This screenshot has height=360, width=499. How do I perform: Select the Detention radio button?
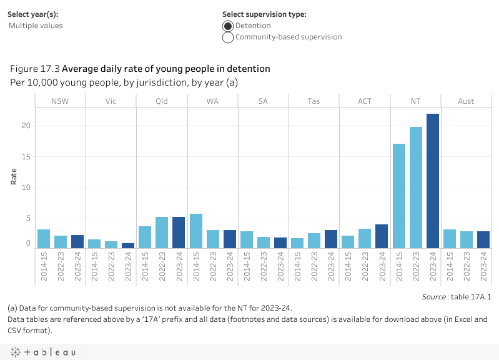click(229, 26)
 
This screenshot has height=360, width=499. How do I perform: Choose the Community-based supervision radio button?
click(229, 37)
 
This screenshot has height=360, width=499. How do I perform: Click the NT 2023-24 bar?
click(432, 181)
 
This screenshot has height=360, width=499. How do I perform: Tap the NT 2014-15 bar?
click(398, 196)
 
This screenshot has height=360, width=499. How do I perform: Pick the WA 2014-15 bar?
click(195, 231)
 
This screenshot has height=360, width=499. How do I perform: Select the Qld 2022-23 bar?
click(162, 232)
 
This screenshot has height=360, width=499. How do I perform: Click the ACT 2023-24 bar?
click(382, 236)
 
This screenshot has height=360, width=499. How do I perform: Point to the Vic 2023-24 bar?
click(128, 246)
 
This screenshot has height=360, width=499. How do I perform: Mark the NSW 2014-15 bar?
click(43, 239)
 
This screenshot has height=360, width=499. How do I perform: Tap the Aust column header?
click(466, 101)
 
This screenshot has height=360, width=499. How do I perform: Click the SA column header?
click(263, 101)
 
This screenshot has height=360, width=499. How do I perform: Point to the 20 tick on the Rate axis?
click(26, 126)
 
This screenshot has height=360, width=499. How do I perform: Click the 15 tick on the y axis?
click(26, 156)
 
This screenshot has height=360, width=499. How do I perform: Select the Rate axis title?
click(14, 177)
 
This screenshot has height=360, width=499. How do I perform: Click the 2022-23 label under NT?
click(415, 267)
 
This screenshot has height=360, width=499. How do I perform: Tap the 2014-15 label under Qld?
click(145, 267)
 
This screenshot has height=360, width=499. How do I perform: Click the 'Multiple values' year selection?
click(36, 26)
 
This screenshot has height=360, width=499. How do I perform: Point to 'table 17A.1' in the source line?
click(472, 297)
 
